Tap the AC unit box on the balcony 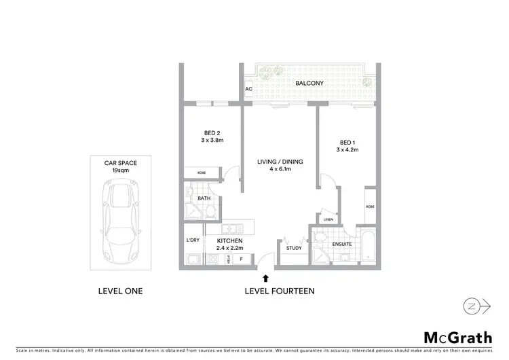(x=248, y=89)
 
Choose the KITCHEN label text (x=229, y=241)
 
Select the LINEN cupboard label (x=328, y=219)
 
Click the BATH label (x=204, y=199)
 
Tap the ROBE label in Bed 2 (x=202, y=173)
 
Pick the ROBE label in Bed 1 (x=370, y=206)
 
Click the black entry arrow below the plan (x=265, y=277)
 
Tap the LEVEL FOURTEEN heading (x=279, y=291)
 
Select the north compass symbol (x=478, y=306)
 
